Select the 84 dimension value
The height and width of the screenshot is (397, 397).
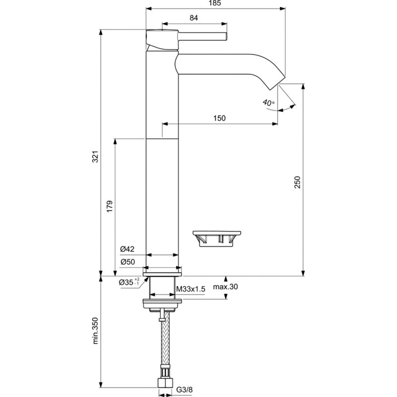tap(194, 19)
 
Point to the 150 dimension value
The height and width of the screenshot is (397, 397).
tap(220, 118)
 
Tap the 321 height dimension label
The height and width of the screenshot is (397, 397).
tap(96, 157)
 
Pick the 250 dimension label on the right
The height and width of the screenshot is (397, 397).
tap(297, 182)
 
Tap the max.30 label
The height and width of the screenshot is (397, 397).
tap(226, 287)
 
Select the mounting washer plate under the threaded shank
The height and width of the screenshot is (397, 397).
tap(162, 303)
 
